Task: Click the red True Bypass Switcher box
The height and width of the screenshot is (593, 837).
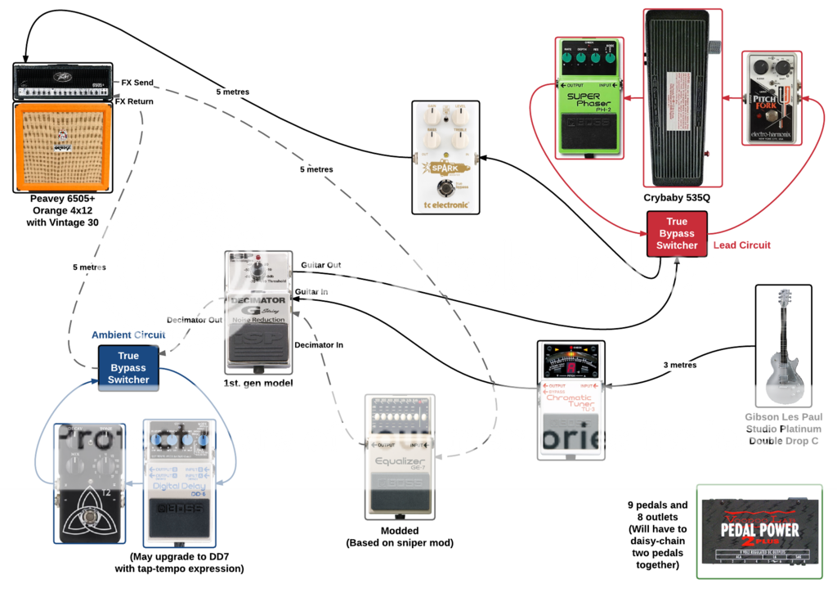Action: (x=676, y=233)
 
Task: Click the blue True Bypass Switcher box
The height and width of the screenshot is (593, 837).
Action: (x=128, y=367)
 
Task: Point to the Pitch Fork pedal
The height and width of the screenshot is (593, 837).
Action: (x=772, y=97)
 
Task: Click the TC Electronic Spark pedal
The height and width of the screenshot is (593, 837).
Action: (x=445, y=157)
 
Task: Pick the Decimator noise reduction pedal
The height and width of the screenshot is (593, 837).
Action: (x=258, y=312)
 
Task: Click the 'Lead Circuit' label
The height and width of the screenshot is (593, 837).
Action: (x=742, y=245)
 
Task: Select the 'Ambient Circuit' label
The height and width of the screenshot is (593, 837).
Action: (x=128, y=335)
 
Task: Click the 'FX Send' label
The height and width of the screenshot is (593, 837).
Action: (x=137, y=83)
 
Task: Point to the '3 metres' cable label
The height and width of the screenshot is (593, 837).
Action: (x=679, y=365)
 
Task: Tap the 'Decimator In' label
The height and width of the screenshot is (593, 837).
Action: (x=319, y=344)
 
